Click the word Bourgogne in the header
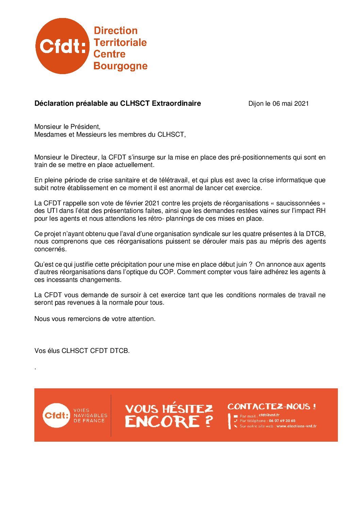pyautogui.click(x=120, y=66)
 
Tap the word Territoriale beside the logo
pyautogui.click(x=120, y=43)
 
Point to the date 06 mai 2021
pyautogui.click(x=290, y=104)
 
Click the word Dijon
pyautogui.click(x=256, y=104)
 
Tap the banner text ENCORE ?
pyautogui.click(x=169, y=422)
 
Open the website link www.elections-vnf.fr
pyautogui.click(x=296, y=426)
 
